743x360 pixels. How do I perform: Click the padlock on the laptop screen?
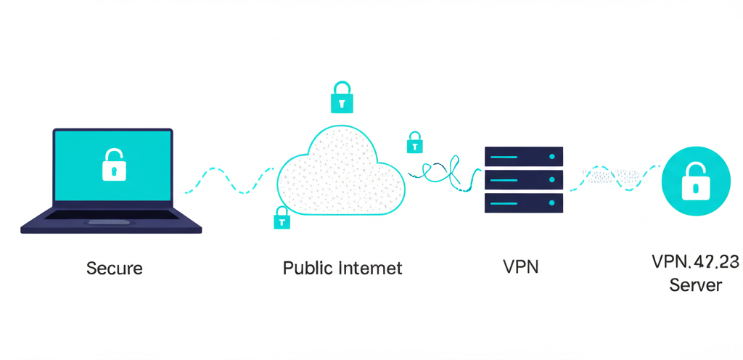tap(113, 165)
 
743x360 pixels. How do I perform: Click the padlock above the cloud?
tap(342, 97)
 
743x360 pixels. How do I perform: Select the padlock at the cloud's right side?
tap(415, 142)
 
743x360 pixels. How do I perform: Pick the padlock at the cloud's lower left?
tap(281, 218)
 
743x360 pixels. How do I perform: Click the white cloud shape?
tap(341, 174)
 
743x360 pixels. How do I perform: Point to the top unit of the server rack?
tap(523, 156)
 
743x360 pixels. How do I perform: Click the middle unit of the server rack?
tap(523, 179)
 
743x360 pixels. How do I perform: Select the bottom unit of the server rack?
tap(523, 202)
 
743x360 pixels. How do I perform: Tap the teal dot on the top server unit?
tap(552, 156)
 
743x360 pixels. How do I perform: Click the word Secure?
tap(114, 269)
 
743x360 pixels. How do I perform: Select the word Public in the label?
tap(308, 269)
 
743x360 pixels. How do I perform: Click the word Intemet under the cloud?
tap(370, 269)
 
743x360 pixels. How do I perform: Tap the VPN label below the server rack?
tap(520, 266)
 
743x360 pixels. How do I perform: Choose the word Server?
tap(695, 285)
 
